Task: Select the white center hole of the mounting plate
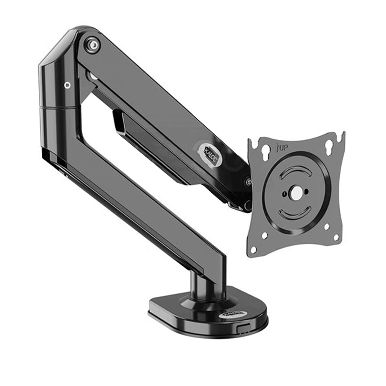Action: (x=296, y=193)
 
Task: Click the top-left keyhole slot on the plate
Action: (x=265, y=154)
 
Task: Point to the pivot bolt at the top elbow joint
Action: (x=92, y=45)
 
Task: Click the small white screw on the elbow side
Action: (x=67, y=85)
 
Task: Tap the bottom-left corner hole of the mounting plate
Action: (x=254, y=249)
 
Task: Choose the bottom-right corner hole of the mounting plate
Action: (x=336, y=237)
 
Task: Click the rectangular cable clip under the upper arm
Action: (x=119, y=123)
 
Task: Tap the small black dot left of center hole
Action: (x=284, y=194)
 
